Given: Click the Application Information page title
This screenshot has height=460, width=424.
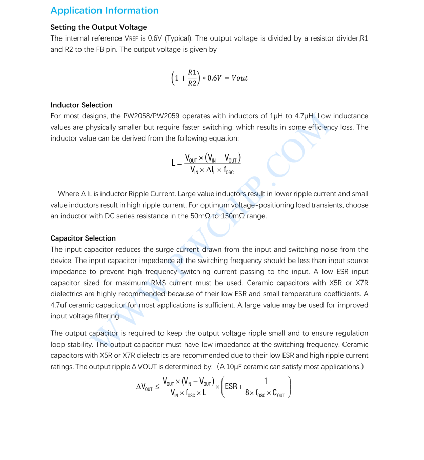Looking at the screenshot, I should coord(105,10).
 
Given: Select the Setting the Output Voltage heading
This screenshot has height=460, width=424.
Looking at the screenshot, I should coord(98,27).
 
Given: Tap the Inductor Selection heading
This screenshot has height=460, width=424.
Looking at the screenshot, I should coord(81,105).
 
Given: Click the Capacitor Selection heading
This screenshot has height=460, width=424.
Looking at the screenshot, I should coord(83,238).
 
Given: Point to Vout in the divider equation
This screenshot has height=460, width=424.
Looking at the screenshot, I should coord(239,78).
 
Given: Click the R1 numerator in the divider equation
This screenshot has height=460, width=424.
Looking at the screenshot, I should coord(192,72).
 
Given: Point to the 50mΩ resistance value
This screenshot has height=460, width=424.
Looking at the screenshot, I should coord(200,216).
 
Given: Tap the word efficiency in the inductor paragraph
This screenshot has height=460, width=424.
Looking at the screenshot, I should coord(318,128).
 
